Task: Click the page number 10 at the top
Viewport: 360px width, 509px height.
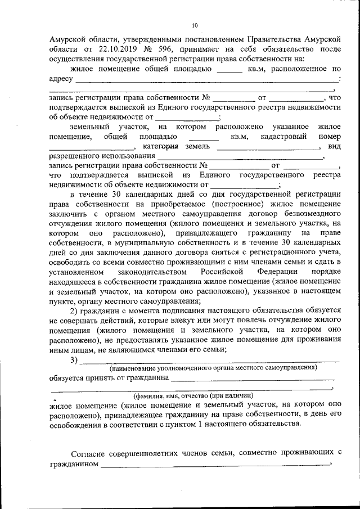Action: coord(195,25)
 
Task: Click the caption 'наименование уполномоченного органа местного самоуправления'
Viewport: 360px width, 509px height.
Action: coord(213,368)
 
